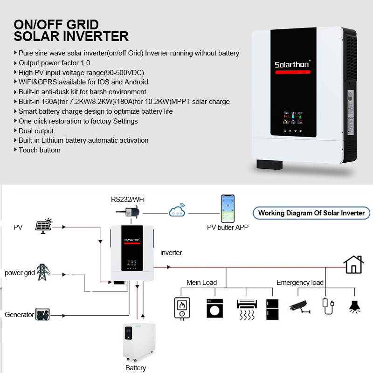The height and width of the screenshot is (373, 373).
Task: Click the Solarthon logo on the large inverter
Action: (292, 64)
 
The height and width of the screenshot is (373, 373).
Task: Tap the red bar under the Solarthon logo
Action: (293, 72)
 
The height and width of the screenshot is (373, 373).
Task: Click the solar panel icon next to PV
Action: (44, 226)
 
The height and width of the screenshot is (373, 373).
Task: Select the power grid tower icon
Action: (43, 272)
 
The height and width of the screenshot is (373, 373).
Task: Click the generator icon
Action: (42, 314)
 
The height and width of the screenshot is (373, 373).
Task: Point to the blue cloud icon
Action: (177, 210)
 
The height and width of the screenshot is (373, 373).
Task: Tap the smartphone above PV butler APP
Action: (228, 208)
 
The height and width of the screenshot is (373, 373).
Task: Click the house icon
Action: (353, 264)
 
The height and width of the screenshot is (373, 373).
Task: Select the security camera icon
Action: (299, 307)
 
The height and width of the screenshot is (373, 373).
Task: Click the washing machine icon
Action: (214, 308)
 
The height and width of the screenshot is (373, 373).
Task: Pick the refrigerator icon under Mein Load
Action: (272, 309)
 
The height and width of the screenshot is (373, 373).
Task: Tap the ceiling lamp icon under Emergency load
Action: (354, 307)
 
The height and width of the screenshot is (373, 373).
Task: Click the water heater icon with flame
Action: (182, 309)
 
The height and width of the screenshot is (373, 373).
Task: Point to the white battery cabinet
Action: (139, 342)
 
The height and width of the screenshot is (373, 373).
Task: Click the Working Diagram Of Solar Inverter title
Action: (311, 213)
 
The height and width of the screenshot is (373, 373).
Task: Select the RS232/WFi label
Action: (128, 200)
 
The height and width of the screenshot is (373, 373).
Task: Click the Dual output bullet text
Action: (36, 131)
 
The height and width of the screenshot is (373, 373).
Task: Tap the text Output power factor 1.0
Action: (54, 63)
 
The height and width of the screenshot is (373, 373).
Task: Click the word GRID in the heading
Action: (83, 25)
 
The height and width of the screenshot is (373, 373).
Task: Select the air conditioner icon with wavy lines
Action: (247, 310)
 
